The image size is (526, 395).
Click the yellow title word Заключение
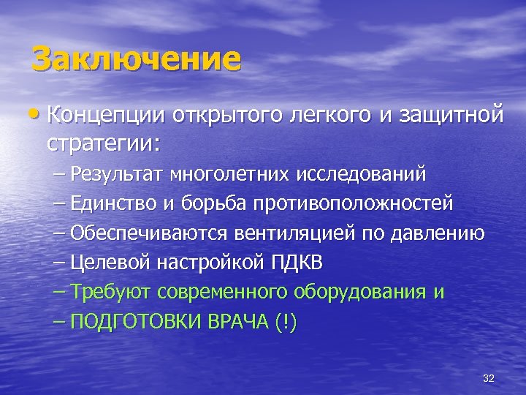click(137, 59)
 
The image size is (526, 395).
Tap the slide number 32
click(489, 377)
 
